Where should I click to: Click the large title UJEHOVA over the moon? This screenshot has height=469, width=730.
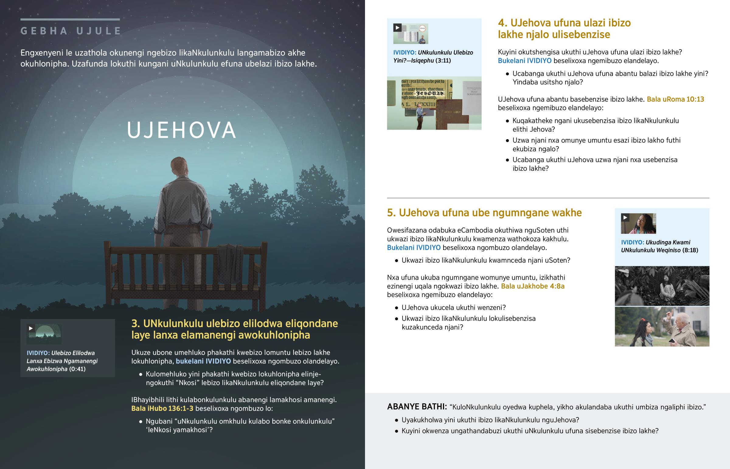(181, 130)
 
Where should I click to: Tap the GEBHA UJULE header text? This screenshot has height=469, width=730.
(71, 31)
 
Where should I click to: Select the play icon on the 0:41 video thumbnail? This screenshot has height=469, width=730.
(31, 328)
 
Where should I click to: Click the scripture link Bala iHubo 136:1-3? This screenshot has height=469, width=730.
(162, 409)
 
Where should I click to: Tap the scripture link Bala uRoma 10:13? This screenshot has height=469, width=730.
(675, 99)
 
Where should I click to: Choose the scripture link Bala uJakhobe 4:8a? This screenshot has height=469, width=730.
(533, 286)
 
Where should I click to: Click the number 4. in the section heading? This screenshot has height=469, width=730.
(503, 23)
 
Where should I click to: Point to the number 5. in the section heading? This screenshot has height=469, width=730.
(391, 213)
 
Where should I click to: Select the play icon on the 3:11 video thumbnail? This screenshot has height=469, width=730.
(397, 28)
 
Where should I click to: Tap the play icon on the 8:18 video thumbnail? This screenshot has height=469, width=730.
(625, 217)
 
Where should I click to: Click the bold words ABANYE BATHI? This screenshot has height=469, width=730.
(417, 407)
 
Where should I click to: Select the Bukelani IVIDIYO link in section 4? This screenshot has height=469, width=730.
(524, 61)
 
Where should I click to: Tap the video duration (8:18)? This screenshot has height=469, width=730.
(690, 250)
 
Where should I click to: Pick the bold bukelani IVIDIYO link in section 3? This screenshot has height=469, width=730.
(203, 361)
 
